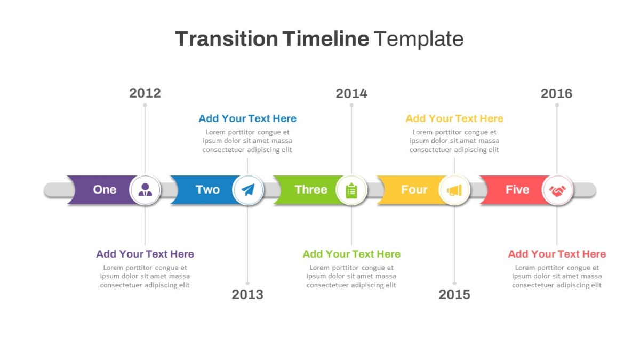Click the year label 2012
(x=145, y=93)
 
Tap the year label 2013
(x=247, y=294)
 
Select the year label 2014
(x=351, y=94)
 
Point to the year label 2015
(x=454, y=294)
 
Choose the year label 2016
(x=557, y=94)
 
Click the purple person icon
(x=145, y=190)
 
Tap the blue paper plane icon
(x=248, y=190)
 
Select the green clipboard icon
(x=351, y=190)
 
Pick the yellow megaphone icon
(x=454, y=190)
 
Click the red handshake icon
(x=557, y=191)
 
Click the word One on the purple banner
(x=105, y=189)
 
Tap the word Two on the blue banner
(x=207, y=189)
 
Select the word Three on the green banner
(x=311, y=189)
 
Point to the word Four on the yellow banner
(x=414, y=189)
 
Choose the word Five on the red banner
(x=517, y=189)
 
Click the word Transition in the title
(x=227, y=39)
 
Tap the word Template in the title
(x=419, y=39)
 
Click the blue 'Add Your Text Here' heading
(x=247, y=118)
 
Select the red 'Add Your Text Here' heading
(x=557, y=254)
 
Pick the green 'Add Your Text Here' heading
(x=351, y=254)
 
